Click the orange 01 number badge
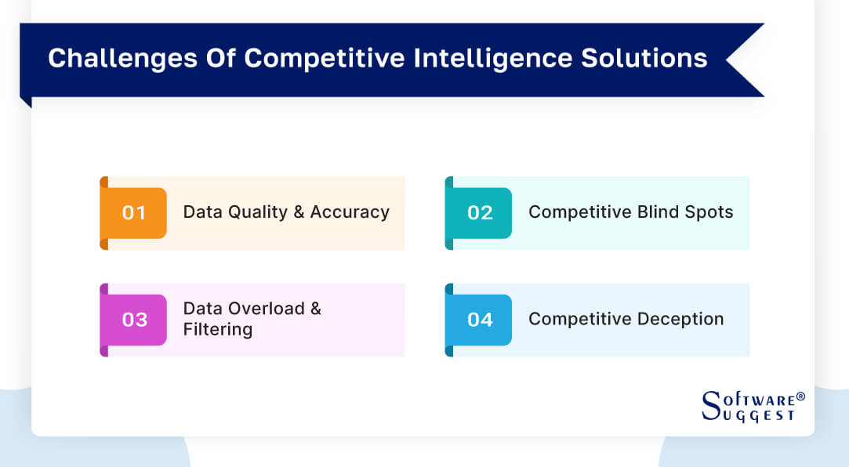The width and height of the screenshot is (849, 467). point(134,212)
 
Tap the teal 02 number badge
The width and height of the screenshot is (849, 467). point(480,212)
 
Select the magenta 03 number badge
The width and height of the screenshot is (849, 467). point(134,320)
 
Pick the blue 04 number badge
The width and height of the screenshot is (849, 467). point(480,320)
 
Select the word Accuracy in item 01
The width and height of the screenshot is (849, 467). point(350,212)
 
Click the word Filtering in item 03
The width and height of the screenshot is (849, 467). point(217,329)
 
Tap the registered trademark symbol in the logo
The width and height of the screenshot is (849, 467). point(800,396)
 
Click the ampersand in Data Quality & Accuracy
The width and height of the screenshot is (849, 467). point(299,212)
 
